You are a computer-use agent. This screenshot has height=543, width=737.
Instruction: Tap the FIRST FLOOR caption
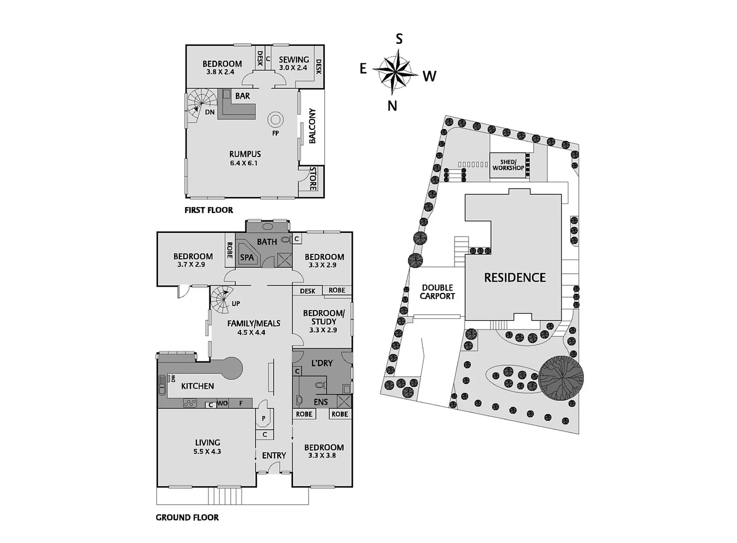point(208,210)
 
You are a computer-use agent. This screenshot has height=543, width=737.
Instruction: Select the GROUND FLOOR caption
point(187,517)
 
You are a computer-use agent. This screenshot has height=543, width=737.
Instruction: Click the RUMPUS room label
point(245,154)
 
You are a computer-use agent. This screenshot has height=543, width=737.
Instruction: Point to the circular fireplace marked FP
point(275,120)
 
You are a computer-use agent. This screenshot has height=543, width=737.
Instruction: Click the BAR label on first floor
point(242,96)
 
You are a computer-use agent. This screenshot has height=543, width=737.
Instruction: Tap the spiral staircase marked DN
point(199,103)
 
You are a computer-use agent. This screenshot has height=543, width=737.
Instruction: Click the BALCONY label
point(312,126)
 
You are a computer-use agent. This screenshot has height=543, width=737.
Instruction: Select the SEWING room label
point(293,59)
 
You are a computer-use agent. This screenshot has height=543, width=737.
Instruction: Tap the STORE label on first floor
point(313,178)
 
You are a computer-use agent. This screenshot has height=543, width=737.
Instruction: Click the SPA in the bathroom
point(247,257)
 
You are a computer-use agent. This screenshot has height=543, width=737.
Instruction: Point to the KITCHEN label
point(197,386)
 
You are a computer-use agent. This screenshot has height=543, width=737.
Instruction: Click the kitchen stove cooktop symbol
point(190,403)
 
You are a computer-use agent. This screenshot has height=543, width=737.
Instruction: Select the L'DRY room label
point(322,363)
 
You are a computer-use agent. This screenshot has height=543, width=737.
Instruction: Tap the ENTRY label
point(274,456)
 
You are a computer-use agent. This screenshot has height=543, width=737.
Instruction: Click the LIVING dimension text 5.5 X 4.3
point(207,451)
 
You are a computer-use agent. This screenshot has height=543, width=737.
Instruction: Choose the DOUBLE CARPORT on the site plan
point(437,292)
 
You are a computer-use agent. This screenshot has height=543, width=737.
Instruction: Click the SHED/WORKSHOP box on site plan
point(508,165)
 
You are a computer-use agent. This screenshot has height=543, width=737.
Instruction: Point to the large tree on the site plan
point(561,378)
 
